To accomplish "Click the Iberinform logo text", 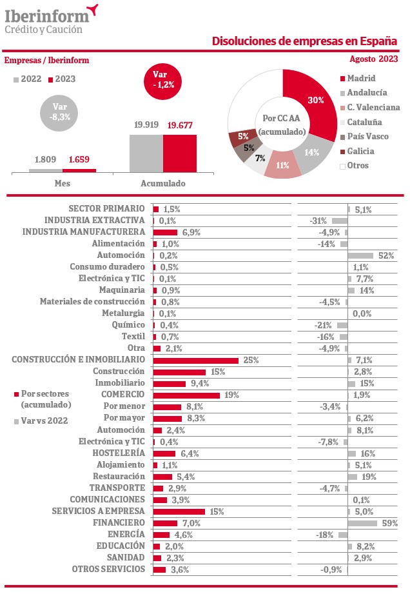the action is coord(47,16).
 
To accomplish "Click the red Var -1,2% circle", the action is coord(163,81).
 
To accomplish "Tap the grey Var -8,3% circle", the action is coord(59,113).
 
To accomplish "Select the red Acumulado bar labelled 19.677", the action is coord(180,153).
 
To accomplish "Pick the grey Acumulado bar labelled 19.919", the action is coord(146,153).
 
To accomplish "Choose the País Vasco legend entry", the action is coord(364,136).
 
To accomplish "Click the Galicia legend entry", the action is coord(357,151).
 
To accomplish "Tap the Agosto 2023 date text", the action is coord(374,59).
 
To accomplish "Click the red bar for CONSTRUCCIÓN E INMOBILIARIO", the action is coord(196,361).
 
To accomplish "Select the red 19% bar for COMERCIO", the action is coord(186,395).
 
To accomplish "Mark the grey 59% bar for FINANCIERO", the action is coord(363,523).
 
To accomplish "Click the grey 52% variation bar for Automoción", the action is coord(361,255).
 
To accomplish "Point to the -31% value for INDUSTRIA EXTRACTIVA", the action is coord(318,221).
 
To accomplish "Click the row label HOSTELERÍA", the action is coord(119,453).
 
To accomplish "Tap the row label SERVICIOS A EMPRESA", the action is coord(99,511).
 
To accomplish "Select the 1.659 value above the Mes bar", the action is coord(79,159).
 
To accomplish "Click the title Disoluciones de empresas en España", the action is coord(304,41).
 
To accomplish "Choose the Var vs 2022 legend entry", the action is coord(41,421).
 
